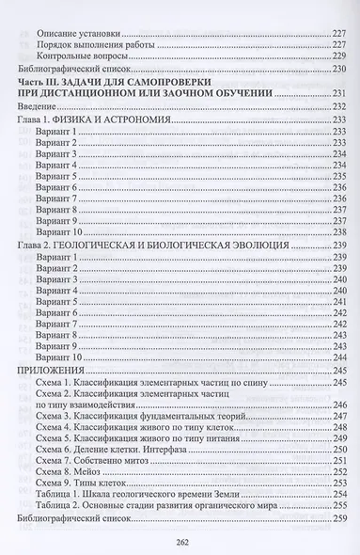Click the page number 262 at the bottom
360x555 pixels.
pos(180,539)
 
